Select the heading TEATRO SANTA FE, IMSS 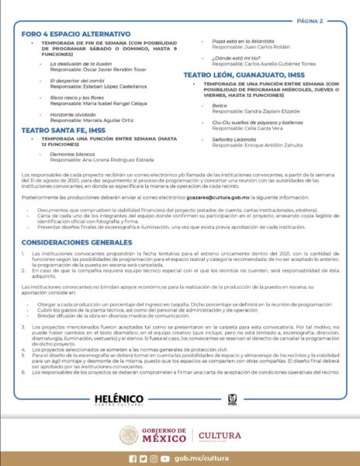[63, 130]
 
